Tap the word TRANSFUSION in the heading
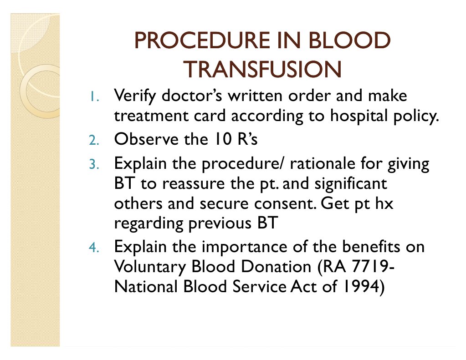(263, 70)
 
